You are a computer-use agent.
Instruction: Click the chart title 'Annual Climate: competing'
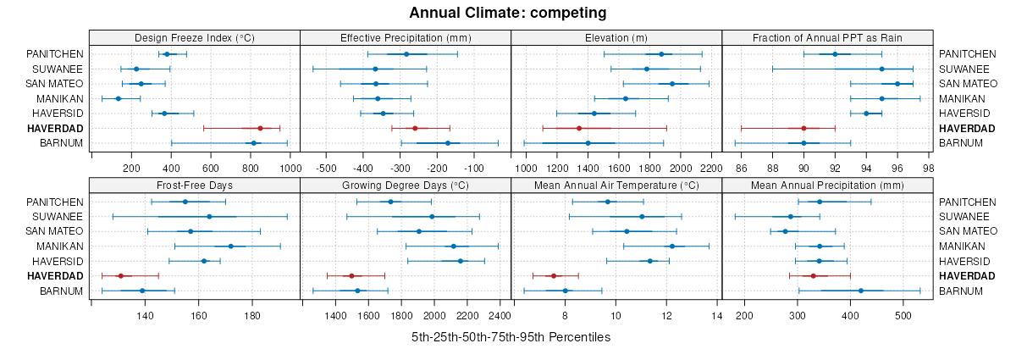(508, 13)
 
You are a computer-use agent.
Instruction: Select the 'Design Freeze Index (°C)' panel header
(195, 38)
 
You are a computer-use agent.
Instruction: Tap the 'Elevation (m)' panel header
(616, 38)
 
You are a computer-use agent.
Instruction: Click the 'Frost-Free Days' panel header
(195, 186)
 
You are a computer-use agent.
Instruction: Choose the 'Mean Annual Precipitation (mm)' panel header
(827, 186)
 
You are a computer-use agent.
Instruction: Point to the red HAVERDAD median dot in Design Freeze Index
(261, 128)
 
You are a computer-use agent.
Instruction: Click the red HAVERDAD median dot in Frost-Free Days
(120, 276)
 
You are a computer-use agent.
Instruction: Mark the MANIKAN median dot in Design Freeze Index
(119, 98)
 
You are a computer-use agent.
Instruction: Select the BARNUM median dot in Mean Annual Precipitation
(861, 291)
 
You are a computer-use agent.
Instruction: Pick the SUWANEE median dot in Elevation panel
(647, 69)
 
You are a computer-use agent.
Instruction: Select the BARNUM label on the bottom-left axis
(62, 291)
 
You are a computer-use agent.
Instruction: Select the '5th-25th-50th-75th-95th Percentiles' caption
(511, 337)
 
